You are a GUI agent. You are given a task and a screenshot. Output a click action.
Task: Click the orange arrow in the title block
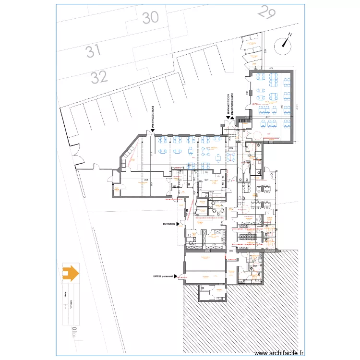[70, 273]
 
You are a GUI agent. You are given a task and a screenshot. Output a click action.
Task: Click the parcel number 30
[150, 18]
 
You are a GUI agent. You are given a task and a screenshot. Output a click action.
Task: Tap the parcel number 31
[93, 51]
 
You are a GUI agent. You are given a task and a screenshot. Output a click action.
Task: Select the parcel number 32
[99, 77]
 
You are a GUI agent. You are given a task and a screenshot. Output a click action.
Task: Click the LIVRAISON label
[169, 224]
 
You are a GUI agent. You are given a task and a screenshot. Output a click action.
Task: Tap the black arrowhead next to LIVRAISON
[178, 224]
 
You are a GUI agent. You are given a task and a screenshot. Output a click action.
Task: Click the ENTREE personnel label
[163, 276]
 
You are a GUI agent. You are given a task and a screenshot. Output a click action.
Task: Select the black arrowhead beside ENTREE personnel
[176, 276]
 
